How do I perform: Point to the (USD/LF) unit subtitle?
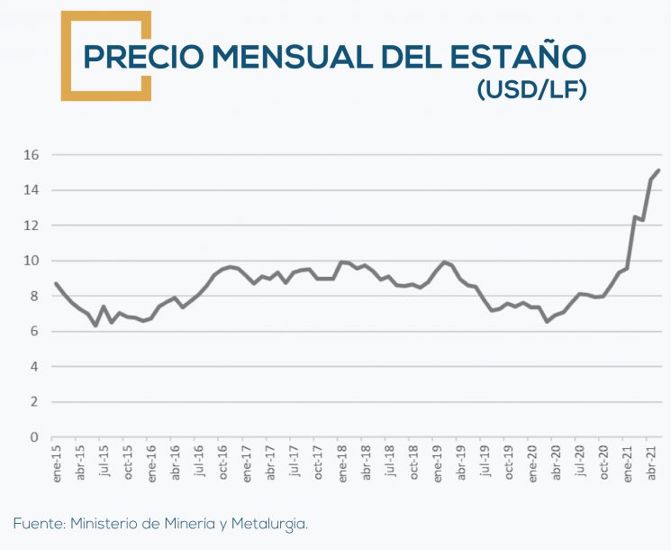[530, 90]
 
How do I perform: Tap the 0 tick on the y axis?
[34, 437]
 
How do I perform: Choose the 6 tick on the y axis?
[34, 331]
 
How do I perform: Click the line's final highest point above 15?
[658, 170]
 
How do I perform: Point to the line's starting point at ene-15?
[56, 283]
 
